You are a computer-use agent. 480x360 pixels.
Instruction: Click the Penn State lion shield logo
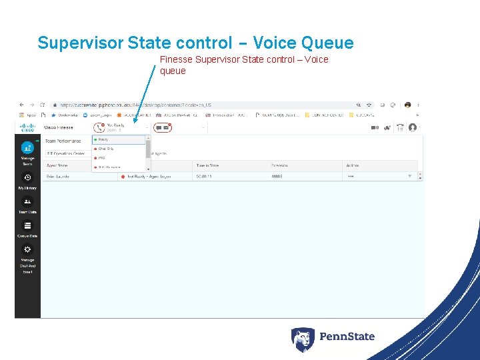coord(302,339)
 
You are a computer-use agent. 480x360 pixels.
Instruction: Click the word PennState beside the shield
coord(347,337)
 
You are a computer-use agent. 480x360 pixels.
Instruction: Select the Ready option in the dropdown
coord(104,140)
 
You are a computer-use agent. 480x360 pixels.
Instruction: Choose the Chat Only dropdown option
coord(106,149)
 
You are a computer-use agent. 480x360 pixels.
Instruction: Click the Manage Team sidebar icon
coord(27,148)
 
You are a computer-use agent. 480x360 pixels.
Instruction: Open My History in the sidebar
coord(27,177)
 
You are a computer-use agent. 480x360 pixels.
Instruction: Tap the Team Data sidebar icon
coord(27,201)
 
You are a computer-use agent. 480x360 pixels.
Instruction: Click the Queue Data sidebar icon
coord(27,225)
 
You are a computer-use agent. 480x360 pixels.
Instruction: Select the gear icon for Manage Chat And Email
coord(27,249)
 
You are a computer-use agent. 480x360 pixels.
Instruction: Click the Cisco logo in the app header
coord(27,127)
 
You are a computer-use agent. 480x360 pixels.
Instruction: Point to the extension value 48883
coord(277,176)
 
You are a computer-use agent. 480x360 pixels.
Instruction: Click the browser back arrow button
coord(21,105)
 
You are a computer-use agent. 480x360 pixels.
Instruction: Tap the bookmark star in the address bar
coord(369,105)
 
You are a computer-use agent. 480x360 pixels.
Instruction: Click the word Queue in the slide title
coord(327,43)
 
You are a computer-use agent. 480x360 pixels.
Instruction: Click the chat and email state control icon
coord(162,127)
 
